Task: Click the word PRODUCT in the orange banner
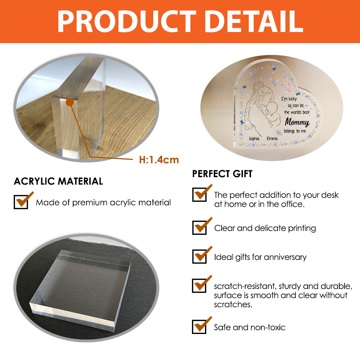pyautogui.click(x=127, y=21)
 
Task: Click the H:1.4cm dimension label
pyautogui.click(x=159, y=160)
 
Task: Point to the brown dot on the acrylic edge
pyautogui.click(x=70, y=102)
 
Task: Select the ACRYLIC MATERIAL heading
pyautogui.click(x=58, y=181)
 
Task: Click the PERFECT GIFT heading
pyautogui.click(x=222, y=174)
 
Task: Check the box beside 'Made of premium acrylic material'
pyautogui.click(x=21, y=202)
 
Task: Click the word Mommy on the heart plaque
pyautogui.click(x=297, y=122)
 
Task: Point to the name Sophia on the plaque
pyautogui.click(x=254, y=139)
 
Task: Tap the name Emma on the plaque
pyautogui.click(x=272, y=139)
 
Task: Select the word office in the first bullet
pyautogui.click(x=292, y=204)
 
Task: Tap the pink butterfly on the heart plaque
pyautogui.click(x=289, y=87)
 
